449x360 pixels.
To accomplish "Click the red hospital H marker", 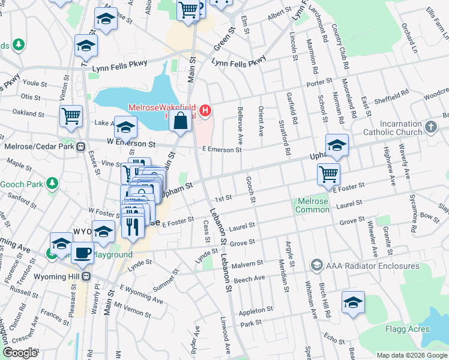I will tap(206, 110).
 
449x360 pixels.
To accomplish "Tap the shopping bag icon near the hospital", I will tap(180, 122).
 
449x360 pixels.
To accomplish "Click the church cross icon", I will tap(430, 127).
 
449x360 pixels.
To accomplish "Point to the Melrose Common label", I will tap(312, 205).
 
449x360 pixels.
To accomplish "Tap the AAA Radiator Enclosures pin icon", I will tap(316, 265).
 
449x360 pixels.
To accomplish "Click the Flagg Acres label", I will tap(408, 329).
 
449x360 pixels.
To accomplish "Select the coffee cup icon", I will tap(82, 252).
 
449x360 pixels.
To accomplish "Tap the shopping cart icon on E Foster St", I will tap(328, 174).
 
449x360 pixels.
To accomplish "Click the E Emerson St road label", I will tap(221, 149).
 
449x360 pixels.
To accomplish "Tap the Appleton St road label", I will tap(256, 310).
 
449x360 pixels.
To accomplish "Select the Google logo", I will tap(19, 353).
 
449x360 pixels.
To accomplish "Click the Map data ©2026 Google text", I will tap(411, 355).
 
